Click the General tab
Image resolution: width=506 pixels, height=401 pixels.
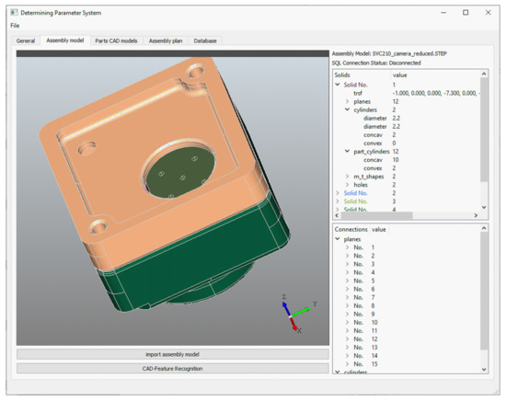click(x=26, y=40)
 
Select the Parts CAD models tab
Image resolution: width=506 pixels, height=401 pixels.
click(x=116, y=40)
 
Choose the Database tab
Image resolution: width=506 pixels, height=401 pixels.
click(x=205, y=40)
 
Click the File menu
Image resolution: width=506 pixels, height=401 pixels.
click(x=15, y=25)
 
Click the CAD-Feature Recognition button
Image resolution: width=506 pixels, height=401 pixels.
click(x=172, y=368)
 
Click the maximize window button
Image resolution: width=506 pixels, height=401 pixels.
click(x=466, y=12)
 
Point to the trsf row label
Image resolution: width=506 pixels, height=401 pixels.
click(x=359, y=93)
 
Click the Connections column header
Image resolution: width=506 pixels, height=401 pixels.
click(x=351, y=229)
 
